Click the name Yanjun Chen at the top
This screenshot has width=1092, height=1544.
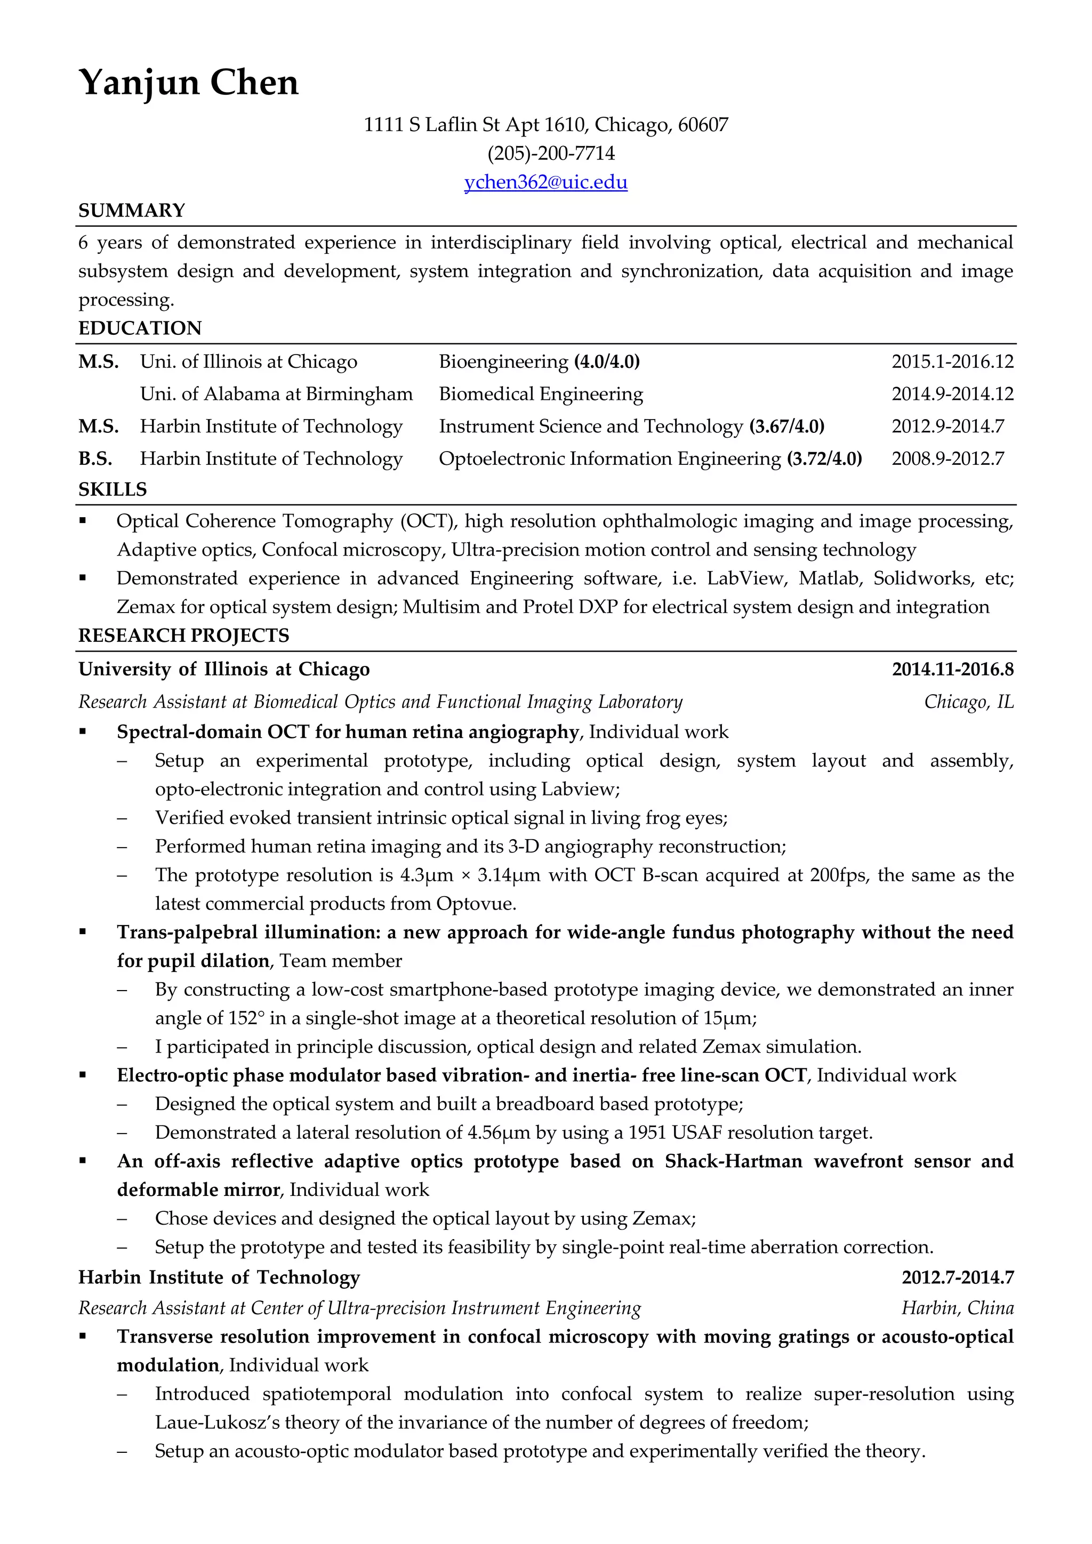pos(188,83)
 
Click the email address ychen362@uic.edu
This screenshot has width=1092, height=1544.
pos(545,182)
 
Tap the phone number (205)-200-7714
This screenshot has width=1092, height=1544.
pos(551,154)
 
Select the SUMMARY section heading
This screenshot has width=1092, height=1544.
pos(132,211)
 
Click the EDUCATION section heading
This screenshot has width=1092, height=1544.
pos(140,328)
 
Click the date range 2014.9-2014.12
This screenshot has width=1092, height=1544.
pos(952,394)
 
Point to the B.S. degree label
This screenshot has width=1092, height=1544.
pos(95,459)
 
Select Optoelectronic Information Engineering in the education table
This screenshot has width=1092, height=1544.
pos(609,459)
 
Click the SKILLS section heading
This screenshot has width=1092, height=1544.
pos(113,489)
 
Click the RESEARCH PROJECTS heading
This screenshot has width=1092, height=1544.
pos(183,636)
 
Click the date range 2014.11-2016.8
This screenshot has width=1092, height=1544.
pos(952,669)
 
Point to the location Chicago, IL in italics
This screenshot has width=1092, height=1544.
pos(968,702)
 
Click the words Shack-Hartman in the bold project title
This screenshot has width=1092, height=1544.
pos(733,1161)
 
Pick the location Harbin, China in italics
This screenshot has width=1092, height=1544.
pos(957,1308)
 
